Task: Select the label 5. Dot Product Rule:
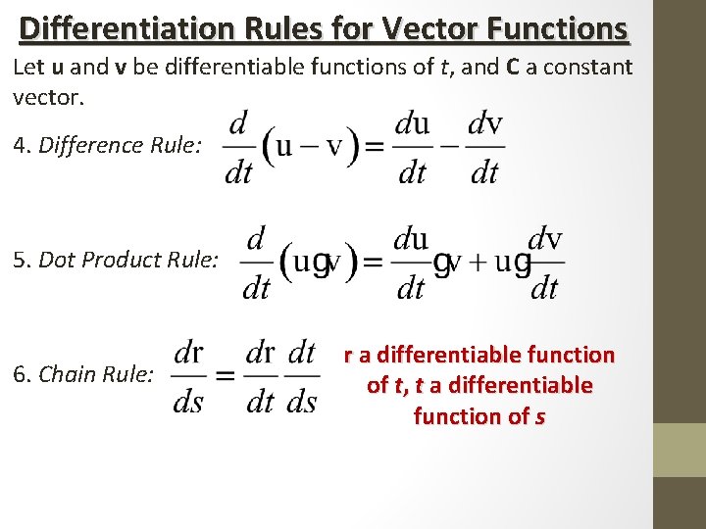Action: [116, 260]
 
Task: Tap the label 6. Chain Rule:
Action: [83, 374]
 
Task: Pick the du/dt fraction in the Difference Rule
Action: [412, 148]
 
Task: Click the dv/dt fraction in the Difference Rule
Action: [484, 148]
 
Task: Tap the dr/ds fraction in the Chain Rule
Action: [188, 377]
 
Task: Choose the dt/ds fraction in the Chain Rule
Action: [302, 377]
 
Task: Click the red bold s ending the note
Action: [539, 416]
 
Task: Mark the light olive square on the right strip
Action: [680, 450]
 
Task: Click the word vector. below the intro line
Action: [44, 97]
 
